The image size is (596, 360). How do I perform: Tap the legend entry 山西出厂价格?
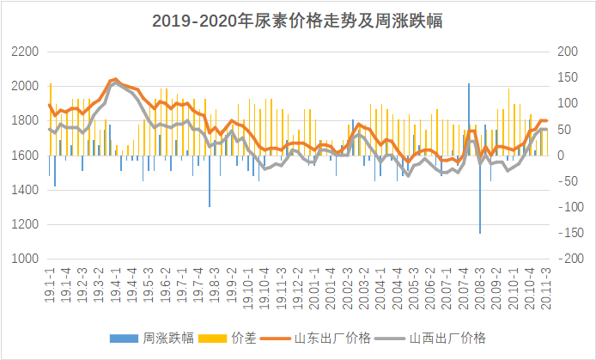click(x=449, y=338)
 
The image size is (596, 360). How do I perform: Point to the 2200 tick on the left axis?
click(x=25, y=52)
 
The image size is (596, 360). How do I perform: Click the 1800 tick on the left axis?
click(x=25, y=121)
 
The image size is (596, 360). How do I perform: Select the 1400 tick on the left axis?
click(x=25, y=190)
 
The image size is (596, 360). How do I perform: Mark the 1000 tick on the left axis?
click(x=25, y=259)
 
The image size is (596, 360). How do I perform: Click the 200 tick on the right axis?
click(x=569, y=52)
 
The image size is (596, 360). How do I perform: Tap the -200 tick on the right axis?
click(x=570, y=259)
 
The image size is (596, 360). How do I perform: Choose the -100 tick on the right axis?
click(x=570, y=207)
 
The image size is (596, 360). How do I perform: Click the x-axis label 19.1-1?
click(x=50, y=283)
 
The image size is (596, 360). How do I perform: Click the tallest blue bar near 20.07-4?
click(x=469, y=119)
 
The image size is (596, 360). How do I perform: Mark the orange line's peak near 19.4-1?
click(x=115, y=80)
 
